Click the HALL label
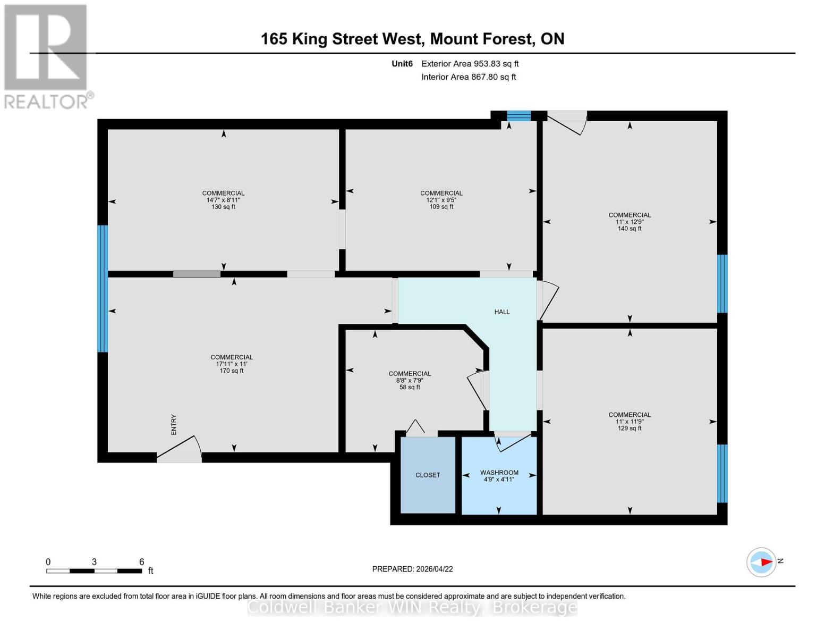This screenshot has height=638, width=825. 501,312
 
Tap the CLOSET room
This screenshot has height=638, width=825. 428,475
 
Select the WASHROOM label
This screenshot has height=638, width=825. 499,473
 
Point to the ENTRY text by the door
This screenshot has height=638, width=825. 174,425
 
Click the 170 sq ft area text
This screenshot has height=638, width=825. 231,371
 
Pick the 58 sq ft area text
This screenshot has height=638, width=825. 410,388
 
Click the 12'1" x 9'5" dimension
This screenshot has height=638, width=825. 441,200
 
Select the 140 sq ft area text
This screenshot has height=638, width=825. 630,229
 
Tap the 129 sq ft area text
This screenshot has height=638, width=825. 630,428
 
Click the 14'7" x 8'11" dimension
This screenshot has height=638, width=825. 223,200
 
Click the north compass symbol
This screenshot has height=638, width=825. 762,562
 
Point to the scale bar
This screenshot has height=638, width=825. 94,571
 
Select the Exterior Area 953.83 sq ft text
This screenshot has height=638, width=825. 470,64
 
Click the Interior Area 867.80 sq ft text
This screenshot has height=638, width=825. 469,77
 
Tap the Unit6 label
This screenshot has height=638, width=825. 402,64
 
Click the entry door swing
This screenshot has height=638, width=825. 181,448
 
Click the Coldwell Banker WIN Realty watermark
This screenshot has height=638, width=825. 412,607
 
